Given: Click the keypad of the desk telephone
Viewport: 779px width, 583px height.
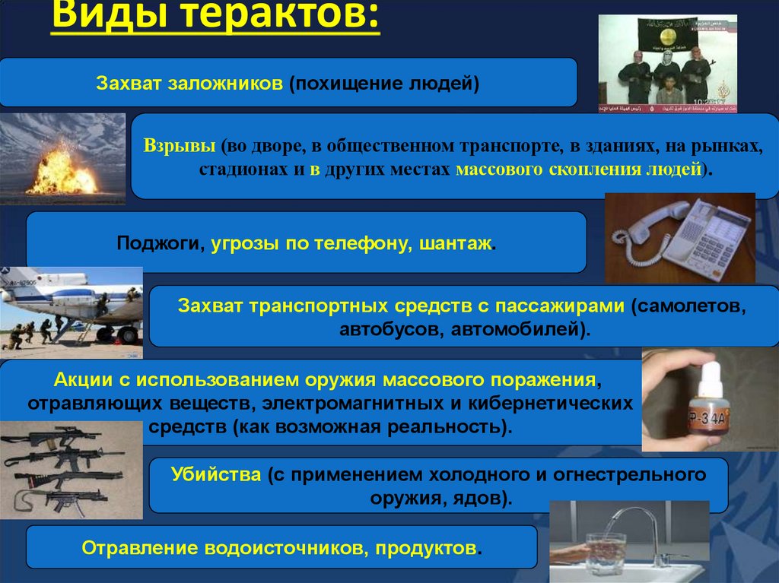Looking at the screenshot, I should pyautogui.click(x=711, y=242).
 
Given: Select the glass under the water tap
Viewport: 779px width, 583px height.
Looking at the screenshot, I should pyautogui.click(x=606, y=552).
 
